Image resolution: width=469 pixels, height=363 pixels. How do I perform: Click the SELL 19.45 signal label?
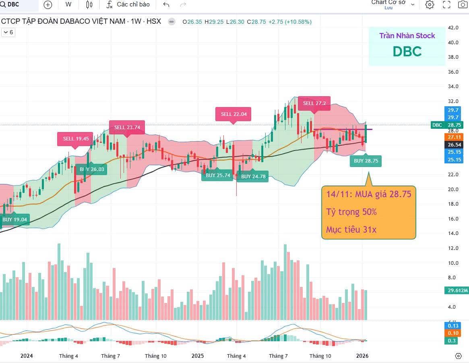point(75,138)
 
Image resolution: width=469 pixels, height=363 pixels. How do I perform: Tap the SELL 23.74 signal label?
point(127,127)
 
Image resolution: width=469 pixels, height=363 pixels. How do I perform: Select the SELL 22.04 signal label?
point(233,114)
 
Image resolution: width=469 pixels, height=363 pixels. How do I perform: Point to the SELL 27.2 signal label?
point(314,103)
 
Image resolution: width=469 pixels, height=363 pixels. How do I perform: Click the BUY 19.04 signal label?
point(14,220)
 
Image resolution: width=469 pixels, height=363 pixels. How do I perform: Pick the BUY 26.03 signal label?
point(92,169)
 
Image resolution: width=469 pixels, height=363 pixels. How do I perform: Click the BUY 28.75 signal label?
point(366,161)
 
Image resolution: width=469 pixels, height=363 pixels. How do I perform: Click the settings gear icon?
point(430,4)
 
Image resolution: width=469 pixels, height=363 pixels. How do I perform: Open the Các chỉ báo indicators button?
point(128,4)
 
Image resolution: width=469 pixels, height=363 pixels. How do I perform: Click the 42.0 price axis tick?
point(453,28)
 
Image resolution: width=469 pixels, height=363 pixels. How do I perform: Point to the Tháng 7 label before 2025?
point(111,356)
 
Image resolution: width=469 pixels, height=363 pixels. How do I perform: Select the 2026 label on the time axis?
point(362,356)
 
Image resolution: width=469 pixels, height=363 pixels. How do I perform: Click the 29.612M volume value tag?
point(457,290)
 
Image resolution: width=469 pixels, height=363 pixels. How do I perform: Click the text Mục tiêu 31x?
point(351,229)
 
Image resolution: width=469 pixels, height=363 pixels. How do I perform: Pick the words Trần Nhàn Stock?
point(407,36)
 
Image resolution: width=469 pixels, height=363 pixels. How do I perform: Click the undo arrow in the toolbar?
point(166,4)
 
